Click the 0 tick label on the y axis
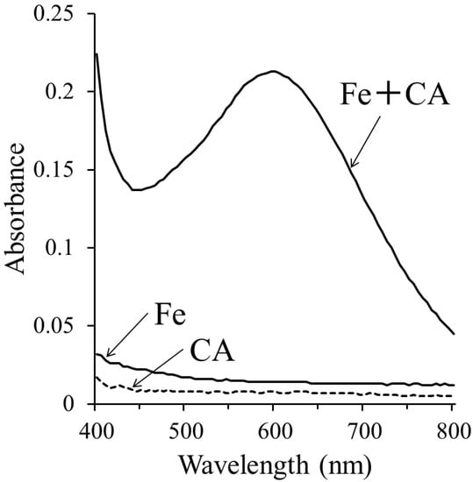[78, 404]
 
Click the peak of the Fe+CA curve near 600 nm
[273, 72]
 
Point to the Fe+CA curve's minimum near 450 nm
[135, 189]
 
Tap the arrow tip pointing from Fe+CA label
[351, 167]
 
